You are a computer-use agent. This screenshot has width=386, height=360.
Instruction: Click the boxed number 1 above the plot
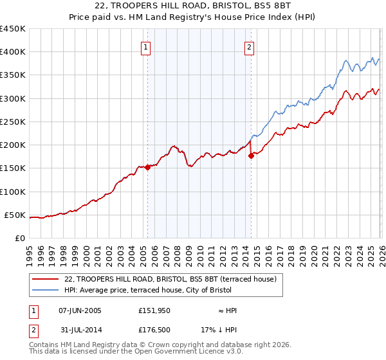point(146,47)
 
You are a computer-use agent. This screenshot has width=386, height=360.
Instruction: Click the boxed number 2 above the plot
point(249,47)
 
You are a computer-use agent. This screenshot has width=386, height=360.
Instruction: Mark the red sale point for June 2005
point(147,167)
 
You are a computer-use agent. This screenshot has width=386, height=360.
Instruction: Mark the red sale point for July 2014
point(251,156)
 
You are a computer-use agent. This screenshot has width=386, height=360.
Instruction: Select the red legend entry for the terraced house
point(170,279)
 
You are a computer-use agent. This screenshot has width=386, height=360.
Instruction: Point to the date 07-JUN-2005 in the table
point(80,310)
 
